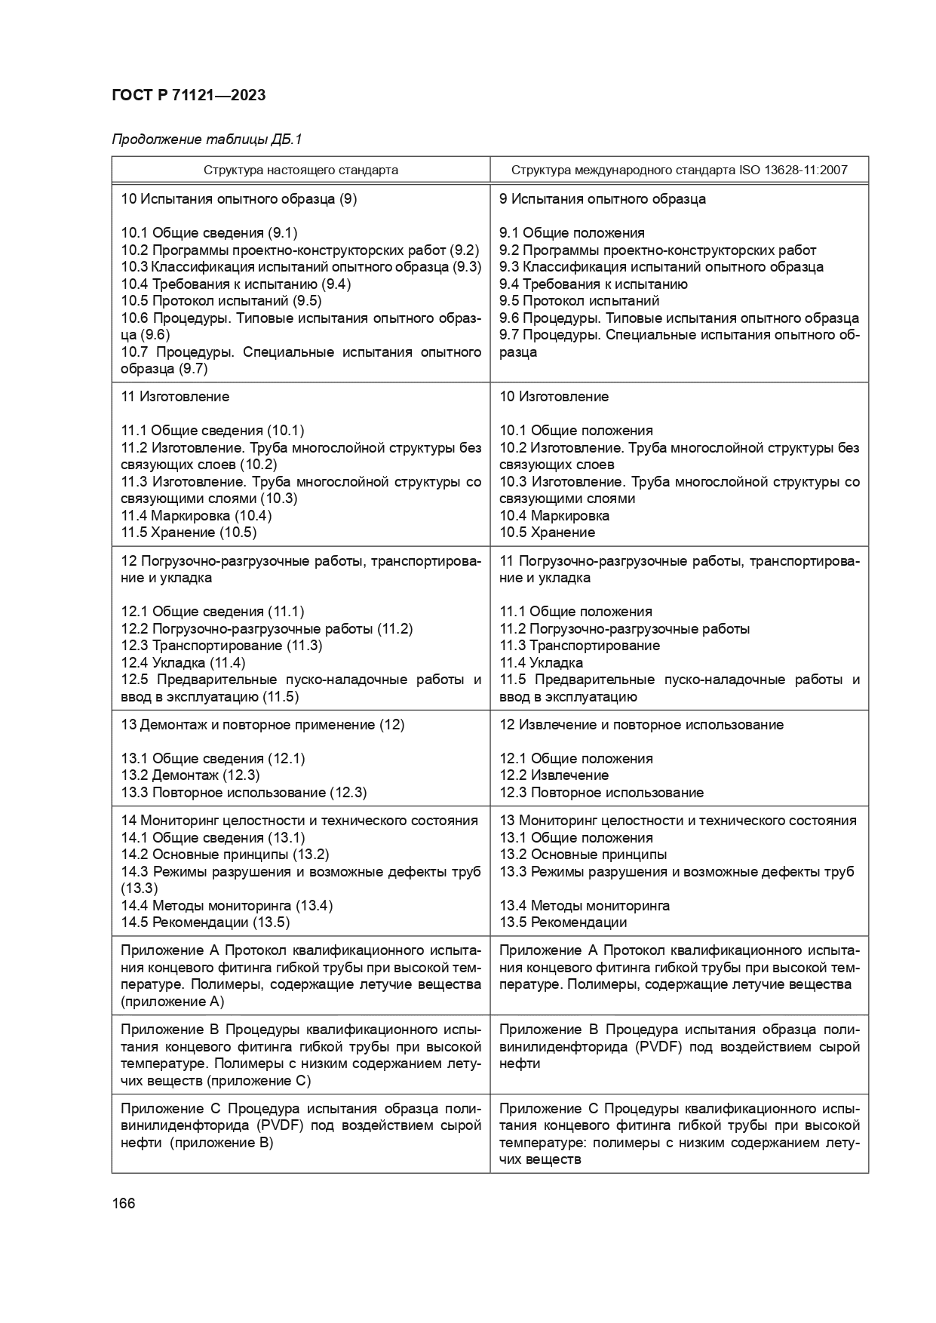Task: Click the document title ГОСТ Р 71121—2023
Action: point(189,95)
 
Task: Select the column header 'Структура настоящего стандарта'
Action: point(300,170)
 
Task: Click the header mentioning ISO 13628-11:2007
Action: point(679,170)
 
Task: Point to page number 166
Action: point(123,1203)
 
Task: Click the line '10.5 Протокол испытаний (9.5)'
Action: point(221,301)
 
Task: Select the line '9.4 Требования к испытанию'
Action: point(593,284)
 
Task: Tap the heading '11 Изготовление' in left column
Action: point(175,397)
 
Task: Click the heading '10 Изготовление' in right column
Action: point(554,397)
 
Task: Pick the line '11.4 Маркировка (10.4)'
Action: point(196,516)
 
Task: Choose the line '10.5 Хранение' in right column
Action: point(547,533)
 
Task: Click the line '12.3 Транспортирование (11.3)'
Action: point(222,646)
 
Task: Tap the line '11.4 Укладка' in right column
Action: point(541,663)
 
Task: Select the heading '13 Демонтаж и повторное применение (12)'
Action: point(262,725)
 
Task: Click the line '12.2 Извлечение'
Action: point(554,775)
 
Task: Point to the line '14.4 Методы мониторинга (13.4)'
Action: point(226,905)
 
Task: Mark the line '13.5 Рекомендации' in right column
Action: point(563,922)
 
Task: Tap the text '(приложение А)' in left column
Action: point(172,1002)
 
